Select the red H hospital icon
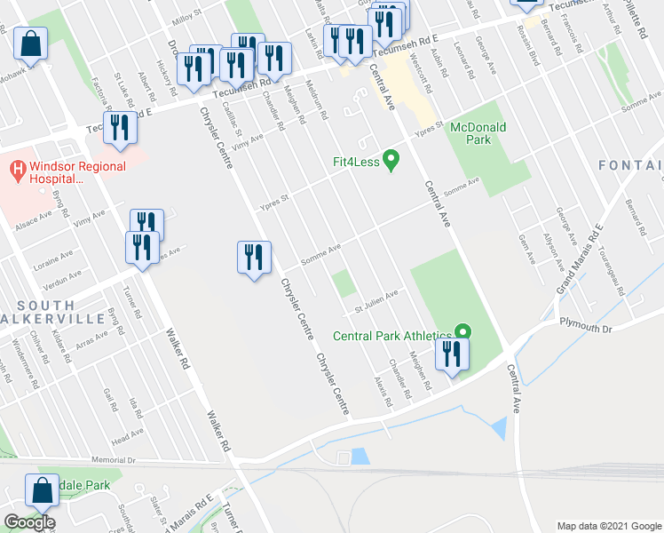[17, 166]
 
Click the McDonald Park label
[478, 133]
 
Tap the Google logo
[29, 522]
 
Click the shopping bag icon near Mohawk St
[30, 43]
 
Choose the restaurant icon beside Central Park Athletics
[452, 354]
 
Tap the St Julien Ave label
[377, 302]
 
